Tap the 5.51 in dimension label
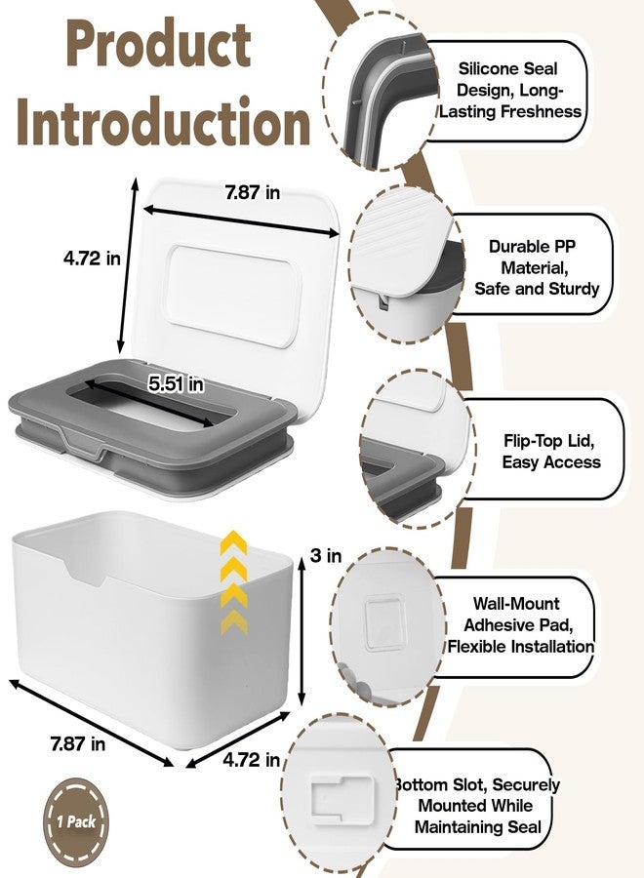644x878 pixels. [x=176, y=384]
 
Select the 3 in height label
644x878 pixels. [x=326, y=555]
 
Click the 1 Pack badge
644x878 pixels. [x=76, y=822]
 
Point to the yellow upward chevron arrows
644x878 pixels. [x=233, y=582]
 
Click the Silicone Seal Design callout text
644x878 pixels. [x=509, y=90]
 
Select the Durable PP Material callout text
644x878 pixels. [x=536, y=267]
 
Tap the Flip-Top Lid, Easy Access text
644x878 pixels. [x=550, y=452]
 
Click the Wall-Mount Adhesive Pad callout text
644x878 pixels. [x=520, y=625]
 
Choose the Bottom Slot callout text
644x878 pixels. [x=477, y=806]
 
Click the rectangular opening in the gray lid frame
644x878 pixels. [x=151, y=405]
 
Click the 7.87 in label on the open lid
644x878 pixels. [x=253, y=192]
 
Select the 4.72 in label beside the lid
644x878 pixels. [x=92, y=259]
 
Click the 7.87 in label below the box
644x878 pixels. [x=77, y=743]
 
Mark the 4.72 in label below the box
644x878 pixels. [x=252, y=759]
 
